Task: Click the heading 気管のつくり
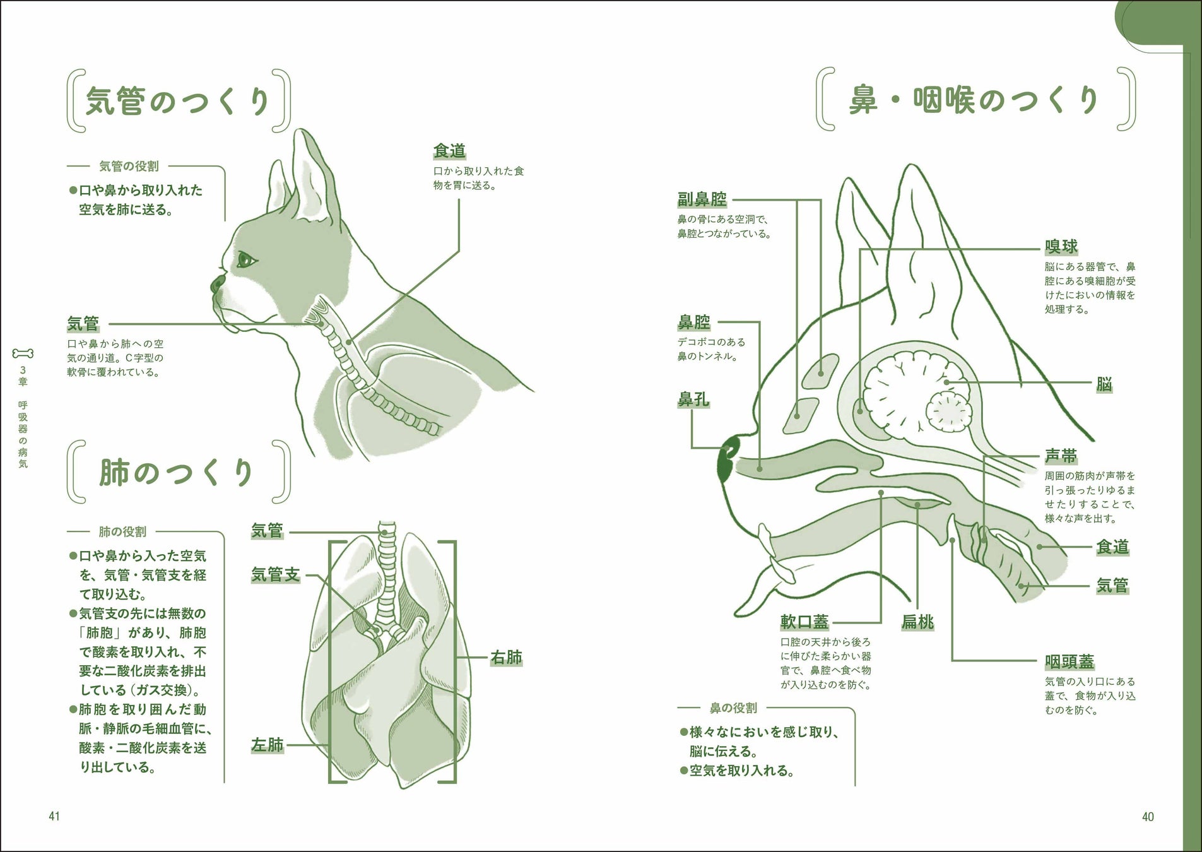click(x=179, y=101)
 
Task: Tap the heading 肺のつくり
click(x=177, y=473)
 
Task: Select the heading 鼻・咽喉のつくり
click(x=975, y=100)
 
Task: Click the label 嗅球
click(x=1061, y=247)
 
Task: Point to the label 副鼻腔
click(x=702, y=199)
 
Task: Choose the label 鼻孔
click(x=693, y=399)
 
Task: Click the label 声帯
click(x=1061, y=456)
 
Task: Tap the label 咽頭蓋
click(x=1069, y=661)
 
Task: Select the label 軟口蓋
click(x=804, y=622)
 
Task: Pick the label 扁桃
click(x=917, y=622)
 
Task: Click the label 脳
click(x=1104, y=384)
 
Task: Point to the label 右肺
click(x=507, y=658)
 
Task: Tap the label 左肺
click(x=268, y=745)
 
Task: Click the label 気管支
click(x=276, y=574)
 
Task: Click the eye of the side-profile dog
click(x=245, y=259)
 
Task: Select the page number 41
click(x=54, y=817)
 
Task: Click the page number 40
click(x=1148, y=817)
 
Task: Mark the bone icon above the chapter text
click(x=23, y=353)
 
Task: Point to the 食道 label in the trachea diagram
click(x=449, y=151)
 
